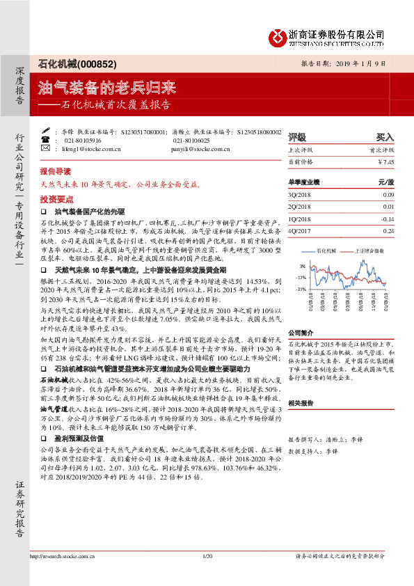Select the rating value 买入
pos(385,137)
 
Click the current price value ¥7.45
pos(385,161)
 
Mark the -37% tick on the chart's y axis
pos(301,288)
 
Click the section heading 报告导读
pos(55,171)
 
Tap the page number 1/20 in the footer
pos(207,575)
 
